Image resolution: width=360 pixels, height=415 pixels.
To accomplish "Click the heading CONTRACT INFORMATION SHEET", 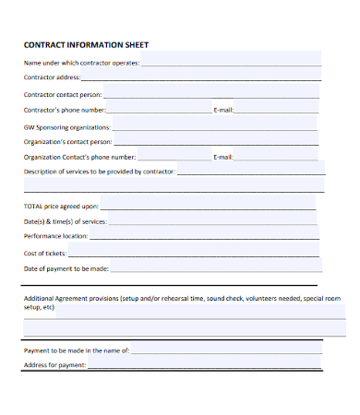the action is pos(84,44).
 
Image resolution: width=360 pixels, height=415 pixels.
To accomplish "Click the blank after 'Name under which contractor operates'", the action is pos(231,63).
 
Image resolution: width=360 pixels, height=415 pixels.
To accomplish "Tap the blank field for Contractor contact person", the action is pos(212,94).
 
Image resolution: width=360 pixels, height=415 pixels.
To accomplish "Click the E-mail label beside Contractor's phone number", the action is pos(223,110).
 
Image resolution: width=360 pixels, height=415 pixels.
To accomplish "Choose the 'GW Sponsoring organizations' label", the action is pos(66,126).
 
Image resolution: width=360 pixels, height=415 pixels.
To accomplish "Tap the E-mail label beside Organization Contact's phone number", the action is pos(223,158).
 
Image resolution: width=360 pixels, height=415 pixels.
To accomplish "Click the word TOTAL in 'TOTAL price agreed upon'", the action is pos(33,207).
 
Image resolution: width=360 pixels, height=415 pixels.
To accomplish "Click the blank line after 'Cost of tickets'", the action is pos(195,253).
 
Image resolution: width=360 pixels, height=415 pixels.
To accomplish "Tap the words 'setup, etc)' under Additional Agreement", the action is pos(40,307).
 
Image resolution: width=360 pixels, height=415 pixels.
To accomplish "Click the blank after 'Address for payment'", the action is pos(204,365).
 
